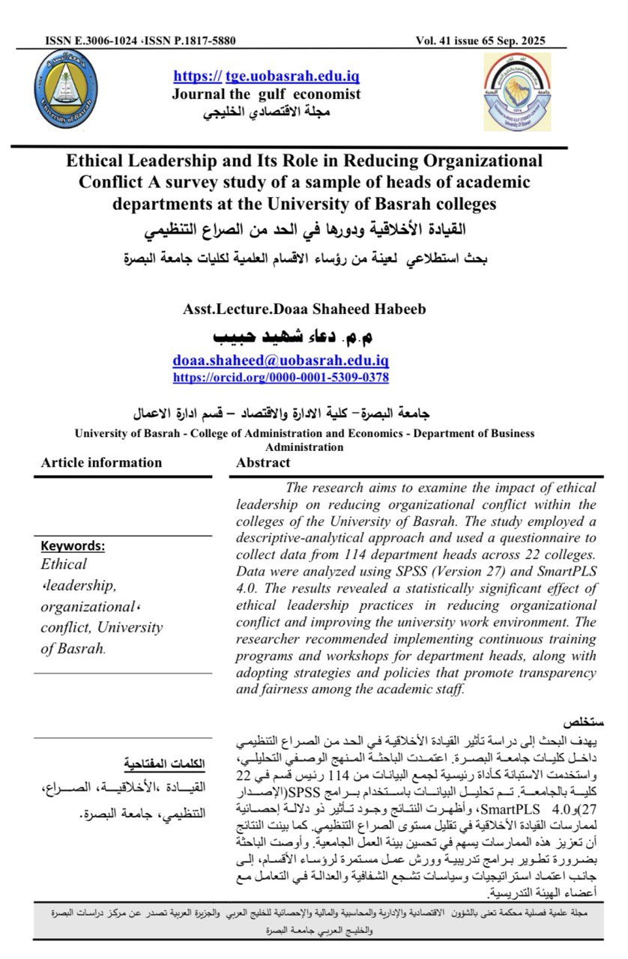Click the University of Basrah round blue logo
click(65, 88)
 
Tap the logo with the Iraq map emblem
click(516, 91)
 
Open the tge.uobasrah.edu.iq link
click(267, 76)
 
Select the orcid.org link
click(280, 378)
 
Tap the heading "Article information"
click(101, 462)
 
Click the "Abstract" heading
click(263, 462)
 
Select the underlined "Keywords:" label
click(73, 546)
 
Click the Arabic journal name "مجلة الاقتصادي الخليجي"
click(267, 112)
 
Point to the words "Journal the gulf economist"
click(267, 94)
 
